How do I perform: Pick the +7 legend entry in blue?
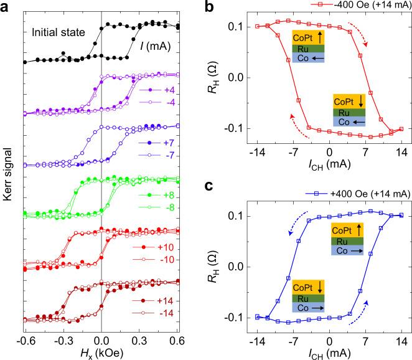coord(167,143)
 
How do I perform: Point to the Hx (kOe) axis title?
coord(101,354)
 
